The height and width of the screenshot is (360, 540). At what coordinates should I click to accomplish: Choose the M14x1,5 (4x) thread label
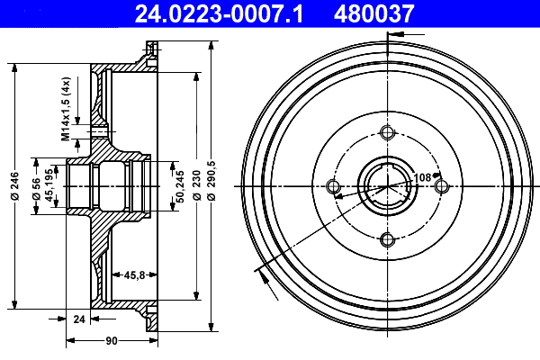tap(66, 110)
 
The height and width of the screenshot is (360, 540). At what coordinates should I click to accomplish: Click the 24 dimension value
tap(78, 318)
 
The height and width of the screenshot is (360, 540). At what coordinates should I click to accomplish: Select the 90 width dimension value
tap(112, 341)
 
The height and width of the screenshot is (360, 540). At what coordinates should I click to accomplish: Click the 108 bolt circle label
tap(421, 177)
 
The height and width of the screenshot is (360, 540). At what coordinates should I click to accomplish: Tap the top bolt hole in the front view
tap(388, 133)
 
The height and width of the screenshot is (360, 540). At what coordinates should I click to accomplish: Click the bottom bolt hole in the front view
tap(388, 239)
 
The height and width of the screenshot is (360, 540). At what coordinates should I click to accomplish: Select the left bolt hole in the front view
tap(334, 186)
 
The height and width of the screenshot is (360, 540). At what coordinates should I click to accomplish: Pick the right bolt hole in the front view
tap(441, 186)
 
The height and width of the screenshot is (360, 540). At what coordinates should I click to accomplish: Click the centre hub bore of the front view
tap(387, 186)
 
